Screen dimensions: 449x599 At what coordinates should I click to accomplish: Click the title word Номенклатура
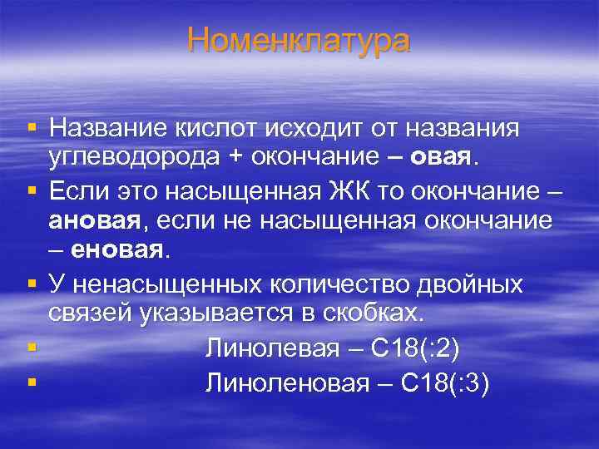point(299,40)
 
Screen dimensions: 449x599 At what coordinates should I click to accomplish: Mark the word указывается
point(218,312)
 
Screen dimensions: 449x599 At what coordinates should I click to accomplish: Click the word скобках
point(375,312)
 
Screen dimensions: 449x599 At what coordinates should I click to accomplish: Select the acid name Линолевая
point(272,348)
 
